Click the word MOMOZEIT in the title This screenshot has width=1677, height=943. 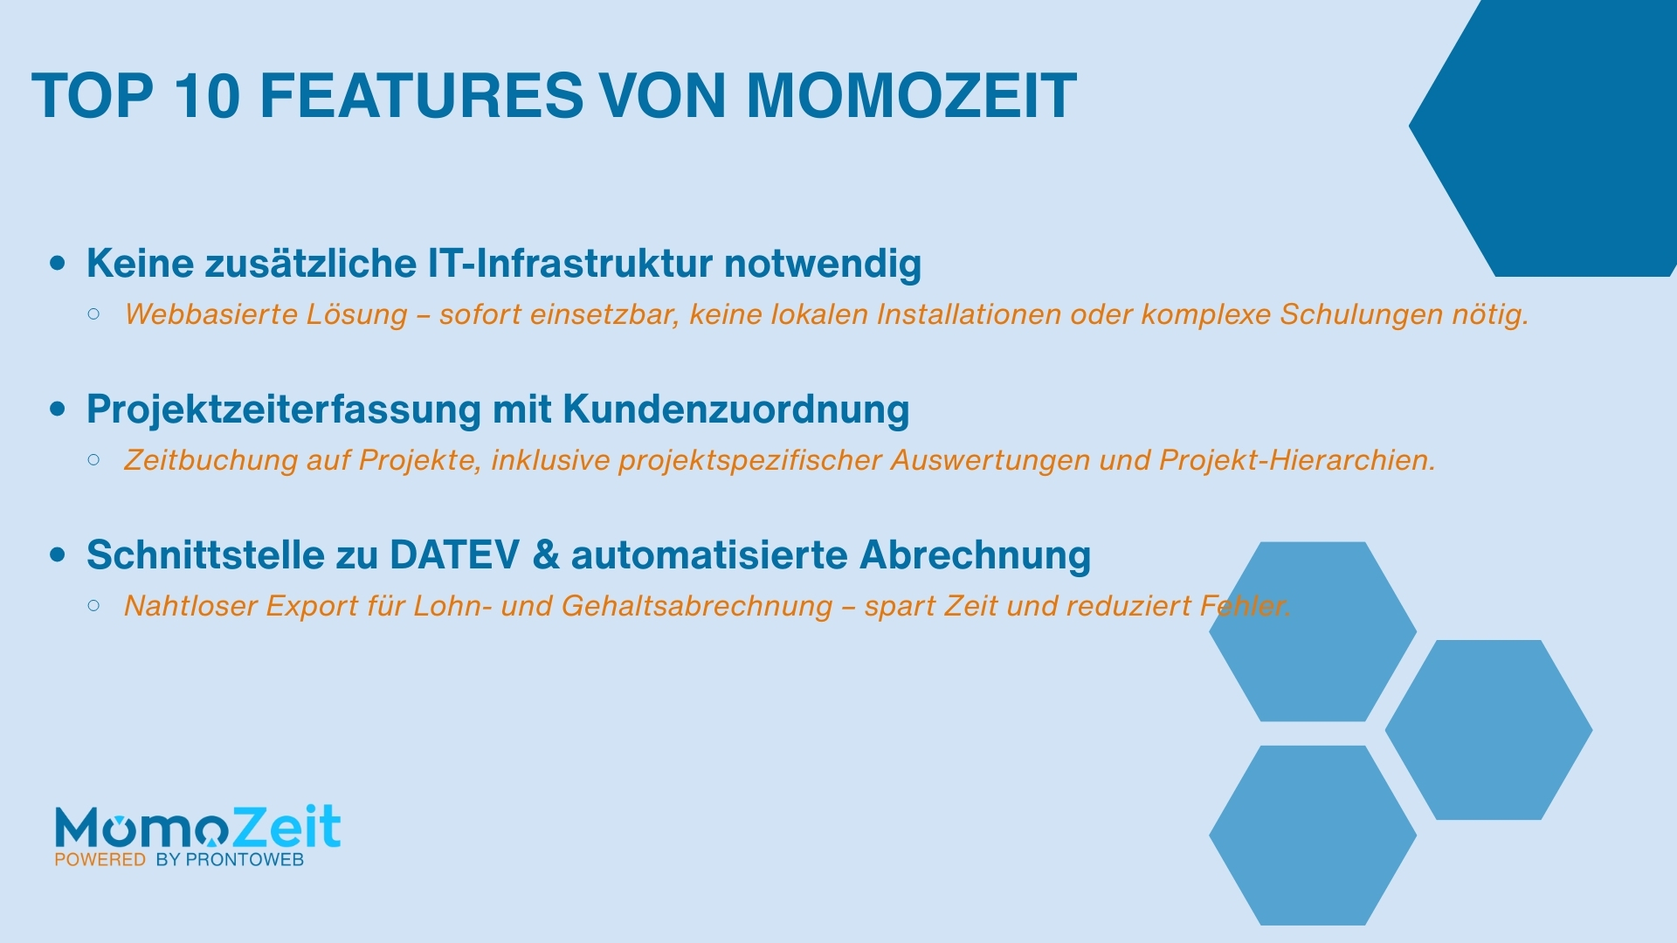tap(911, 96)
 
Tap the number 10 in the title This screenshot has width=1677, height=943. tap(207, 96)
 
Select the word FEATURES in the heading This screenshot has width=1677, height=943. tap(421, 96)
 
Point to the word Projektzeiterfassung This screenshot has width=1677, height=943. tap(283, 410)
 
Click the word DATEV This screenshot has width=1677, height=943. tap(454, 555)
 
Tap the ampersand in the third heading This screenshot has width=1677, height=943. tap(545, 555)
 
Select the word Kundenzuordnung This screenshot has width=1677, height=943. tap(735, 410)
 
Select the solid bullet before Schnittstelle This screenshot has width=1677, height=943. tap(58, 554)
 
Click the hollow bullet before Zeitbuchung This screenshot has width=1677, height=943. tap(94, 459)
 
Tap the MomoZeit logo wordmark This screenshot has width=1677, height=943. tap(197, 827)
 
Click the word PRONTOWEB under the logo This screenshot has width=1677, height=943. tap(245, 860)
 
